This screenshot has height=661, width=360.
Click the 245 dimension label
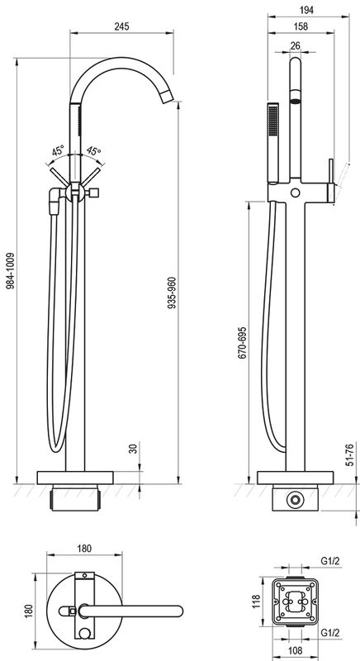pos(121,26)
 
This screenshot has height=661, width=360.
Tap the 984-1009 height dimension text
pos(11,271)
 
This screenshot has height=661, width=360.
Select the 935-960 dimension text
pos(172,293)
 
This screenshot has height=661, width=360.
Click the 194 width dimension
pos(308,10)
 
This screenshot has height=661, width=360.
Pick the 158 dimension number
pos(301,26)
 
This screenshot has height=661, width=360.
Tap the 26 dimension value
pos(295,45)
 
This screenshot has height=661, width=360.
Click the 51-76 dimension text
pos(348,454)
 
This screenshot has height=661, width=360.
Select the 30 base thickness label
pos(134,449)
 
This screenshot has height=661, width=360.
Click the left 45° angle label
pos(58,150)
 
